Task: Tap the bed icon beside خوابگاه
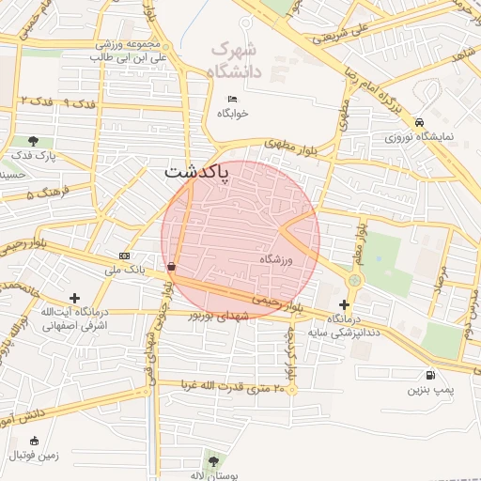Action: [x=233, y=101]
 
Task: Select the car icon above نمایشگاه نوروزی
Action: [x=419, y=122]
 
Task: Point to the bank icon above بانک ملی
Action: [x=125, y=256]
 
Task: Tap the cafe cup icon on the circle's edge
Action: [x=171, y=268]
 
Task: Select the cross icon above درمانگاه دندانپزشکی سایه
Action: [x=345, y=304]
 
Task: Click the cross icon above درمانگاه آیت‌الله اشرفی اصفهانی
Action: [x=74, y=298]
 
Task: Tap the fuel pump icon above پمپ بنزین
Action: [x=430, y=375]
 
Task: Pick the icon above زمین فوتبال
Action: [x=35, y=441]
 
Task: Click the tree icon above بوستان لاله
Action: [x=213, y=461]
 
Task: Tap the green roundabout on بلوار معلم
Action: [x=354, y=279]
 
